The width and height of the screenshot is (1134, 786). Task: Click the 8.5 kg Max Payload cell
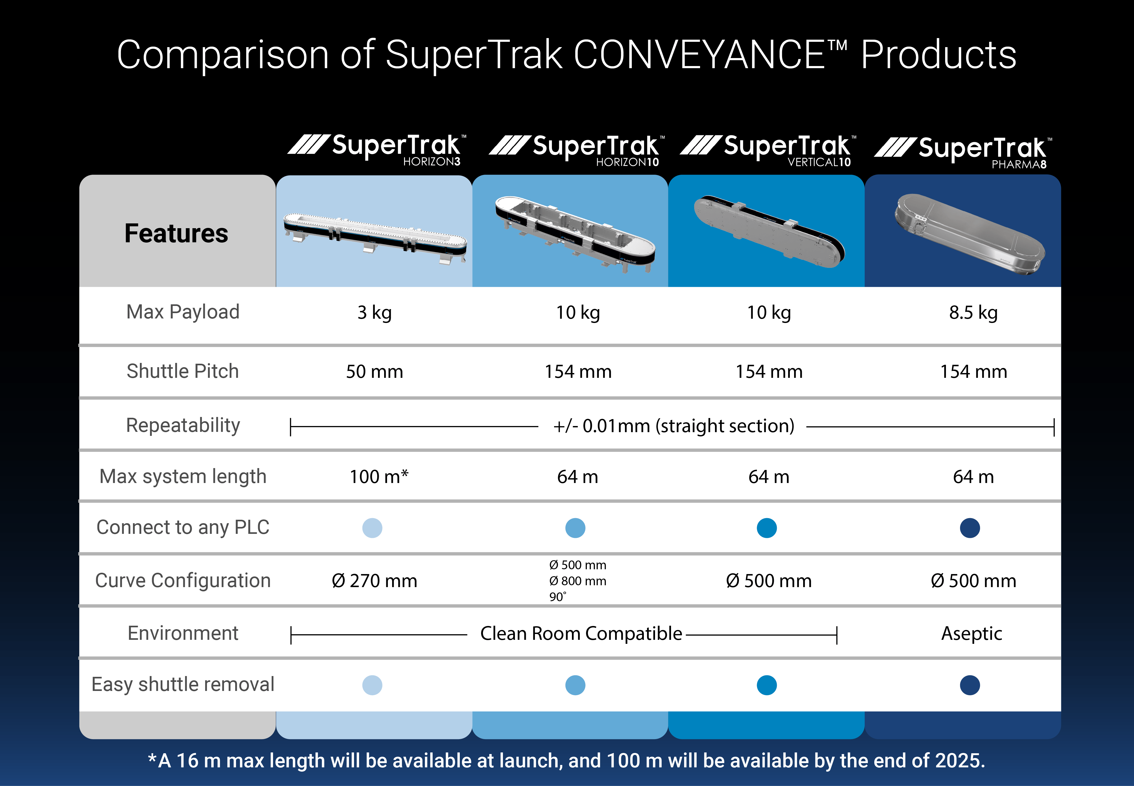[973, 313]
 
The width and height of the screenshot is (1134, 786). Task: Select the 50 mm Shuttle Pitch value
[374, 372]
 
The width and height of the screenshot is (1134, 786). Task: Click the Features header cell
[176, 234]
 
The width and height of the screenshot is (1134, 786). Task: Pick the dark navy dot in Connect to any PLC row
[969, 528]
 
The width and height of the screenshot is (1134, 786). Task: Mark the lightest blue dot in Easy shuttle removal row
[372, 685]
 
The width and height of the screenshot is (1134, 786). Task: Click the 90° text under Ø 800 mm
[558, 597]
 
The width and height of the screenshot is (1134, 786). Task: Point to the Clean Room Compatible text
[581, 634]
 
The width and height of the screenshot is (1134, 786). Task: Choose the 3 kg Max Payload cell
[374, 313]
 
